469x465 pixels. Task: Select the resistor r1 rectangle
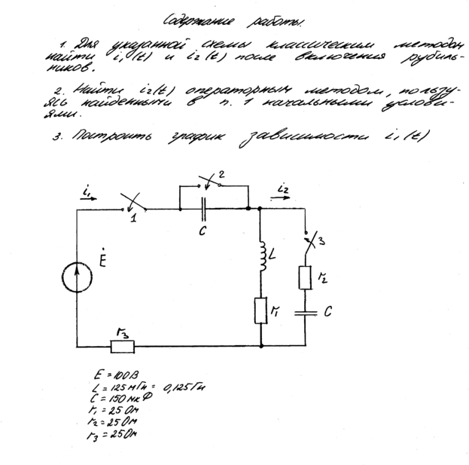tap(260, 310)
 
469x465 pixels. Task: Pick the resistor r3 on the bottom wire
tap(122, 347)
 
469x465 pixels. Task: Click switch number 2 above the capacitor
tap(211, 183)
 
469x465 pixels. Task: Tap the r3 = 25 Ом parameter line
tap(111, 435)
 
